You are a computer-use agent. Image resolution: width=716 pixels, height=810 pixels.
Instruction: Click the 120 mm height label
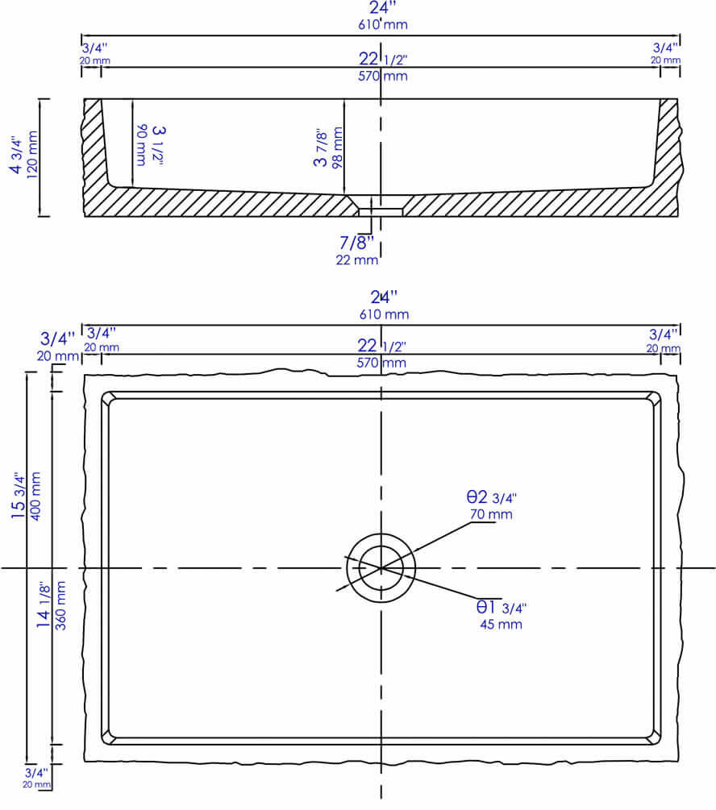pyautogui.click(x=32, y=155)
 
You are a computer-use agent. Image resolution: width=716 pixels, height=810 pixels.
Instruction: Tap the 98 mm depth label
pyautogui.click(x=338, y=147)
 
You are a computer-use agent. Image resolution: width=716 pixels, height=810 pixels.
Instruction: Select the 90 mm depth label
pyautogui.click(x=141, y=144)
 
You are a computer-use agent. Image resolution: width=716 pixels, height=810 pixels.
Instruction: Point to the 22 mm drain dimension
pyautogui.click(x=357, y=260)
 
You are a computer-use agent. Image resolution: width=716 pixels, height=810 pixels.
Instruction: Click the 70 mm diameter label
pyautogui.click(x=491, y=514)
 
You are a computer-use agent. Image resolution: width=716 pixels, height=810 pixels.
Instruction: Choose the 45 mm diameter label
pyautogui.click(x=501, y=624)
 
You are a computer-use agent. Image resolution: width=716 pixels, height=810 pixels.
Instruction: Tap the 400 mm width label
pyautogui.click(x=35, y=496)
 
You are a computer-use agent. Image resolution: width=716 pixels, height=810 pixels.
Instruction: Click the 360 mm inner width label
pyautogui.click(x=60, y=605)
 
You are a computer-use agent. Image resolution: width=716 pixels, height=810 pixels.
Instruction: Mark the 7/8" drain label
pyautogui.click(x=356, y=243)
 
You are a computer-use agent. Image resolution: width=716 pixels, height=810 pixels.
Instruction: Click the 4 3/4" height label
pyautogui.click(x=16, y=155)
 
